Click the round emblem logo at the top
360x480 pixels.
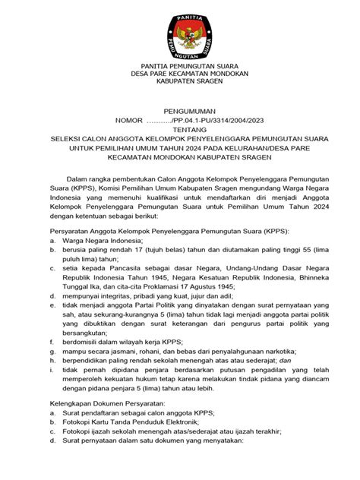tap(180, 31)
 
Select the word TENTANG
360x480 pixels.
tap(179, 129)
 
